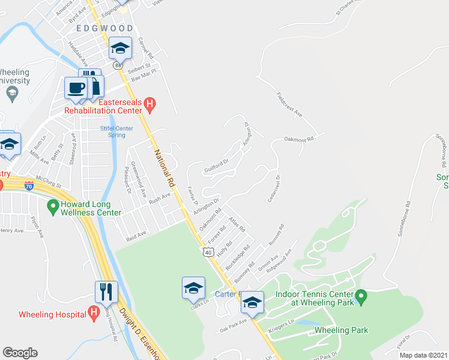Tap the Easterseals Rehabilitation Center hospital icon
tap(151, 106)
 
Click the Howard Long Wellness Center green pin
tap(52, 207)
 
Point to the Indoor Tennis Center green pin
tap(360, 296)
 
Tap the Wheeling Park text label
tap(341, 330)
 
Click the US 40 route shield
tap(208, 253)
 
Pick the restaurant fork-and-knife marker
tap(106, 292)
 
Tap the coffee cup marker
tap(76, 88)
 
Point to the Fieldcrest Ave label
tap(289, 104)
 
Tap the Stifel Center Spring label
tap(116, 131)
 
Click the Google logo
tap(20, 353)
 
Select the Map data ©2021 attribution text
tap(424, 355)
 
